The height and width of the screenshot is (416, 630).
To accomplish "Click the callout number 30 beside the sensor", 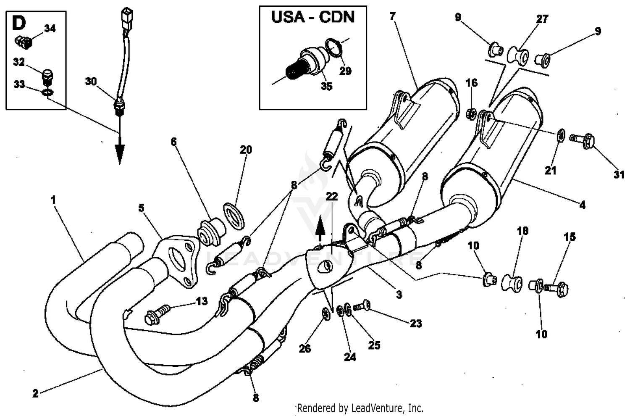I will point(91,82).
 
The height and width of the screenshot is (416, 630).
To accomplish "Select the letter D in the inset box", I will point(18,24).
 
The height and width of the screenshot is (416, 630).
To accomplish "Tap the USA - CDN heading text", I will point(313,17).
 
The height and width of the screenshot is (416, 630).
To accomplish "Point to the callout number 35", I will point(326,86).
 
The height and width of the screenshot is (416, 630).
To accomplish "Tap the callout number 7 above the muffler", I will point(392,16).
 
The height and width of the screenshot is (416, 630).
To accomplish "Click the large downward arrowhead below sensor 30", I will point(119,153).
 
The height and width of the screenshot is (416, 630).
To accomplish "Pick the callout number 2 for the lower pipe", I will point(35,393).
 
